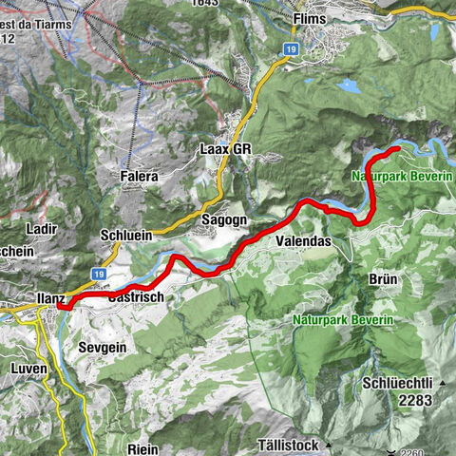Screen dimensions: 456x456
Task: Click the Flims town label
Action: tap(310, 18)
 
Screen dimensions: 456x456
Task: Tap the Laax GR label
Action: tap(224, 149)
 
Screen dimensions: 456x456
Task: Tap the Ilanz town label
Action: tap(50, 298)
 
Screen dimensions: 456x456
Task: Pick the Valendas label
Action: tap(303, 242)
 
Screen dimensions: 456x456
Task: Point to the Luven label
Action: tap(28, 367)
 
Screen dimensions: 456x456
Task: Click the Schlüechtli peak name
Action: tap(397, 383)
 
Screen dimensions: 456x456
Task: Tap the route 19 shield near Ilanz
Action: tap(99, 274)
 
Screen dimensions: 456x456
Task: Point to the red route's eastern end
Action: tap(397, 150)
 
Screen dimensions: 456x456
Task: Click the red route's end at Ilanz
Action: tap(63, 304)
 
